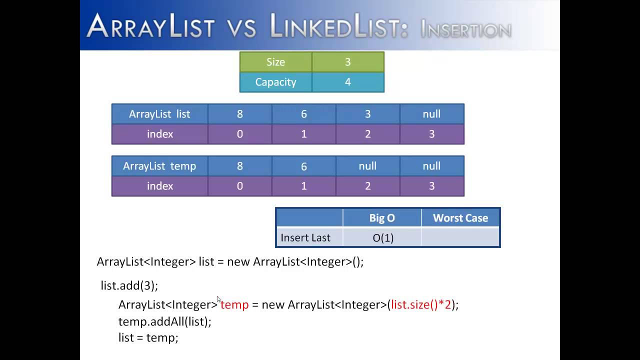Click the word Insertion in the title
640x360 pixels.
[465, 30]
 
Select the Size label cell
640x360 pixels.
[275, 62]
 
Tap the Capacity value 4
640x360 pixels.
[348, 82]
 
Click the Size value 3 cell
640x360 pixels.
[348, 62]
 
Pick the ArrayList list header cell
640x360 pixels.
[159, 114]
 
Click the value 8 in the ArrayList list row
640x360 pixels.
[240, 114]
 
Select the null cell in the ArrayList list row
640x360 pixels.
[431, 114]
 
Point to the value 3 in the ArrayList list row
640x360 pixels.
[367, 114]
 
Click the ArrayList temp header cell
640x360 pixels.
[159, 166]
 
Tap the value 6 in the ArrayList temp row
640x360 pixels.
[303, 166]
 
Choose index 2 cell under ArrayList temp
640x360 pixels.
[367, 186]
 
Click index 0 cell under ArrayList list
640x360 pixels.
[240, 134]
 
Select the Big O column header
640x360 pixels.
[382, 218]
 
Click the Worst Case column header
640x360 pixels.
[460, 218]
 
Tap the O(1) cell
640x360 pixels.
[383, 238]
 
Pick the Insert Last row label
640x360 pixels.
[305, 238]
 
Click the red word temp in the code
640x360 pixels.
[234, 304]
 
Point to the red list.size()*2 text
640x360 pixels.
[421, 304]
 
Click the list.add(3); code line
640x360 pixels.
[129, 285]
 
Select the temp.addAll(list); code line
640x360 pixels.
[165, 321]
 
